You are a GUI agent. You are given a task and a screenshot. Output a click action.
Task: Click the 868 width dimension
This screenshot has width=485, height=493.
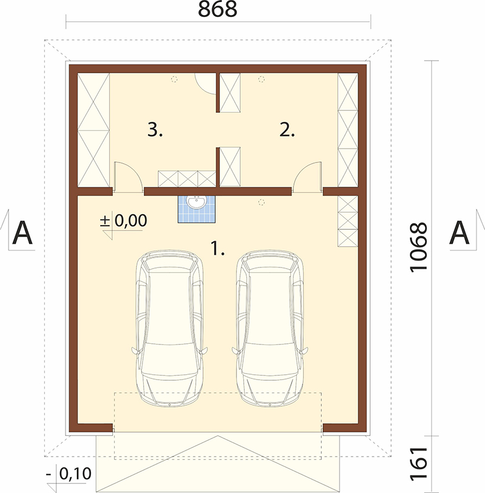pos(218,10)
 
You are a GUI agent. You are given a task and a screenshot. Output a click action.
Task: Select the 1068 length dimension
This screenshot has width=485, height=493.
pos(419,247)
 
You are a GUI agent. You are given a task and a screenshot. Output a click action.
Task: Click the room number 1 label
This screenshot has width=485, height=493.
pos(218,248)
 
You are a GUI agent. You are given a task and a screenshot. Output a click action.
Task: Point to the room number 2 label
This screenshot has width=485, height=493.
pos(287,130)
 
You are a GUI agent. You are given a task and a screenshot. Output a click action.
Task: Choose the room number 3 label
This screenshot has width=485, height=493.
pos(155,130)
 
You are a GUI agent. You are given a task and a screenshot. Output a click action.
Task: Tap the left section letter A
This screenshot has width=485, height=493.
pos(22,233)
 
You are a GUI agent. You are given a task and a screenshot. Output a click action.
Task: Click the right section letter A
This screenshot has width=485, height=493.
pos(460,233)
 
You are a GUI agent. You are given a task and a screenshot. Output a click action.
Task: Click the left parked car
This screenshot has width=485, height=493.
pos(169,328)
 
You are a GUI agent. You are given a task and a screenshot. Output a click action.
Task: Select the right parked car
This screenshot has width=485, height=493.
pos(270,328)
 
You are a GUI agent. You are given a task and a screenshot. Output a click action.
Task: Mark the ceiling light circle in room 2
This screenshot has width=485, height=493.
pos(261,79)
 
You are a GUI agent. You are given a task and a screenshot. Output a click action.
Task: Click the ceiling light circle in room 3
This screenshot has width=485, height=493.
pos(174,79)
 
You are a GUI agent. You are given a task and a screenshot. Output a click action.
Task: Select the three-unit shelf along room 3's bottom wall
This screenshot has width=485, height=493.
pos(187,179)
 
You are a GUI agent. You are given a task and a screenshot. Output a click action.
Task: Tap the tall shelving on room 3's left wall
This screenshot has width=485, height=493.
pos(93,130)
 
